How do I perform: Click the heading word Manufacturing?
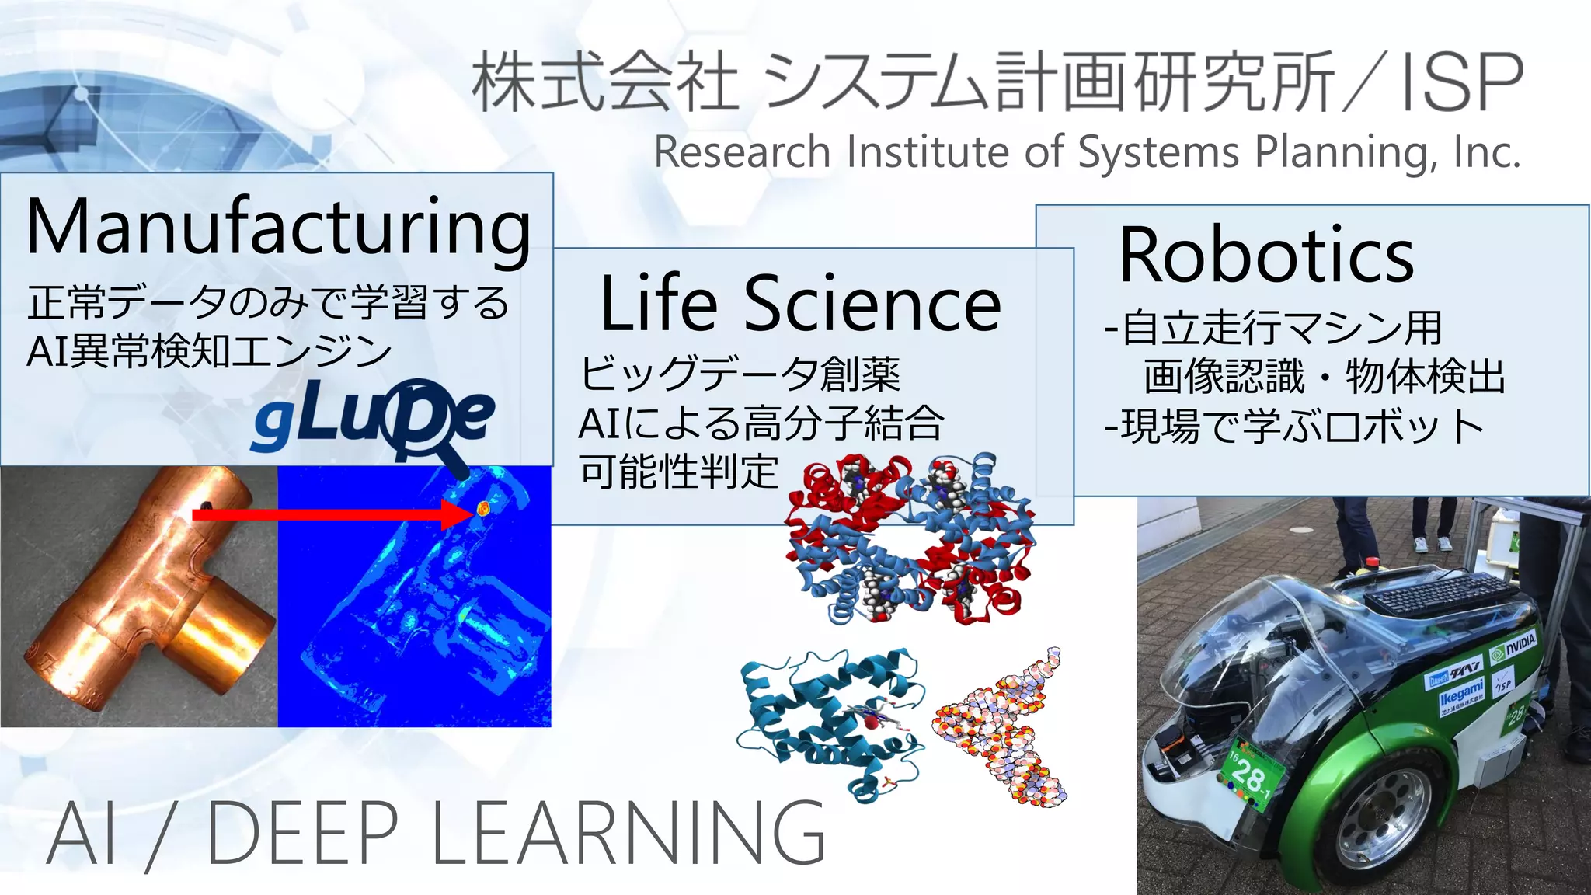click(278, 227)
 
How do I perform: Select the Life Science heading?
click(800, 304)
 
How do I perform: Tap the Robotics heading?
click(1265, 255)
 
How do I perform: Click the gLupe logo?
click(373, 418)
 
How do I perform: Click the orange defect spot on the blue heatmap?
click(482, 509)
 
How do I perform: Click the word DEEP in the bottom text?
click(303, 832)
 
